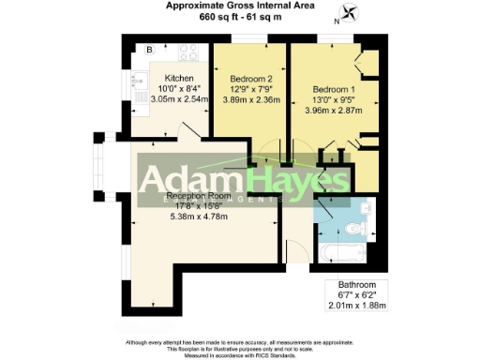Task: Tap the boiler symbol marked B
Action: coord(149,50)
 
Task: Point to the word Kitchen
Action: coord(179,78)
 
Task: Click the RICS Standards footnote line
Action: coord(240,354)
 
